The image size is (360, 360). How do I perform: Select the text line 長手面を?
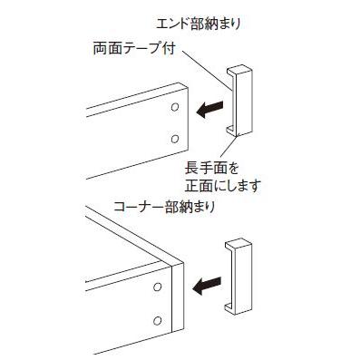pos(209,169)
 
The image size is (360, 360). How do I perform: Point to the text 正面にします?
pos(222,188)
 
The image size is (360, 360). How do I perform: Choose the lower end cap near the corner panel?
pos(237,277)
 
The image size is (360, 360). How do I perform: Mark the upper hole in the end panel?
pos(173,108)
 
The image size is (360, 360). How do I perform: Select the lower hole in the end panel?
pos(173,139)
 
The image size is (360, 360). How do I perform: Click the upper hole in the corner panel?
pos(158,287)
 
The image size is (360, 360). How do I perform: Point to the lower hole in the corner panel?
pos(158,320)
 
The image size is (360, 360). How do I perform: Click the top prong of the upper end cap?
pos(237,70)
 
